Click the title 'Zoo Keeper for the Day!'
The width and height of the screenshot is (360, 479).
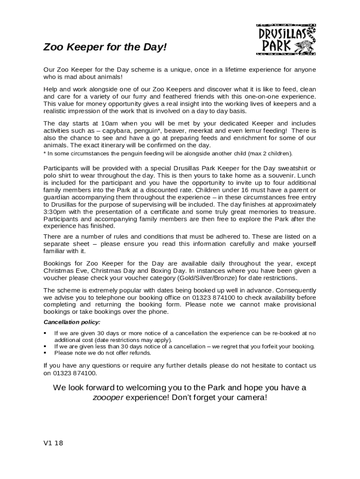click(105, 48)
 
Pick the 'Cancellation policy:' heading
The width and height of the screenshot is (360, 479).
click(72, 322)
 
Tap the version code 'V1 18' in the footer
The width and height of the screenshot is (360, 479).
click(53, 443)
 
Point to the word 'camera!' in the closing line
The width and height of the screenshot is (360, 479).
click(252, 398)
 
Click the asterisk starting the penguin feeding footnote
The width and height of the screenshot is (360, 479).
click(45, 153)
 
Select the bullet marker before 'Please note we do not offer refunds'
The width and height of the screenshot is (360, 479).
click(45, 353)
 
